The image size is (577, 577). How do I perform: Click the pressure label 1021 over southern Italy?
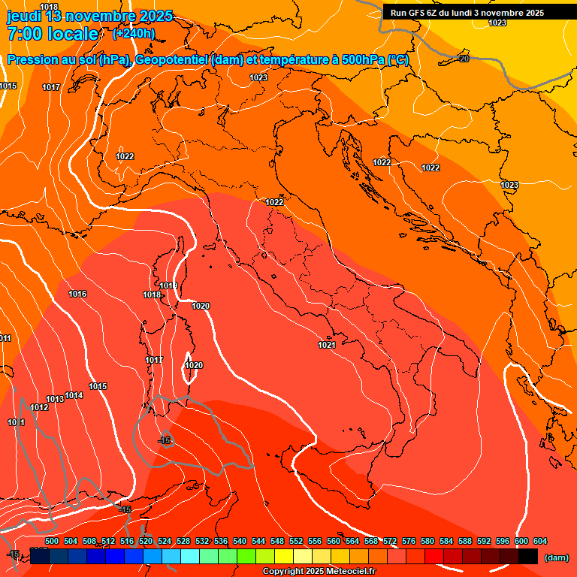(x=326, y=345)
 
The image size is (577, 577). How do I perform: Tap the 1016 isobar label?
(x=77, y=294)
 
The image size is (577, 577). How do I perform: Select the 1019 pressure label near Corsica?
(x=168, y=285)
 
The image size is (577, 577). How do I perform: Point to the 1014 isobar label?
(x=74, y=395)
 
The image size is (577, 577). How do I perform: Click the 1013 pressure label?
(x=55, y=399)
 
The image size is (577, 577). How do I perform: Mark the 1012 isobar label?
(x=39, y=407)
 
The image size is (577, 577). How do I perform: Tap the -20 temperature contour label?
(x=464, y=59)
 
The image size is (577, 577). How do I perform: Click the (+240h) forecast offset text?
(x=134, y=33)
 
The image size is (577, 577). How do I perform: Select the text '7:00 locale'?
(x=53, y=34)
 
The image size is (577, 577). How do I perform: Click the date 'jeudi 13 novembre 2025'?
(x=89, y=16)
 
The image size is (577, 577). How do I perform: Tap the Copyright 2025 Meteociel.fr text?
(x=319, y=572)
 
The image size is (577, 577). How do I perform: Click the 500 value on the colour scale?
(x=52, y=541)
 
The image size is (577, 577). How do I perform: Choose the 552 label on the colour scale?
(x=296, y=541)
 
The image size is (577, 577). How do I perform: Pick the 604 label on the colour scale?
(x=540, y=541)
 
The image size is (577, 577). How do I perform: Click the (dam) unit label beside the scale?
(x=557, y=557)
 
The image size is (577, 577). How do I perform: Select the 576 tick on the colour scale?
(x=409, y=541)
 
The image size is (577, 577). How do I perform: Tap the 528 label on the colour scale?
(x=183, y=541)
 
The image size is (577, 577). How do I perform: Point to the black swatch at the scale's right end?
(x=528, y=557)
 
